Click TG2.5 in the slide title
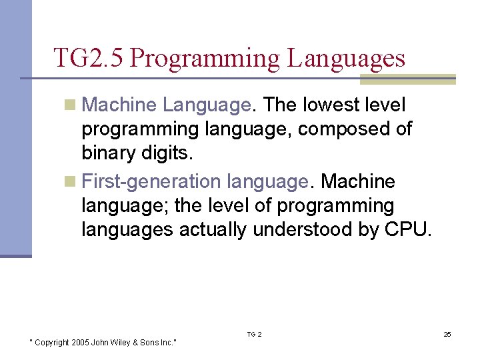click(x=89, y=58)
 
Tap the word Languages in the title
click(x=346, y=58)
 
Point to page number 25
click(x=447, y=334)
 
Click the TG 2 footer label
click(x=254, y=334)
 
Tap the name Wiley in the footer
click(x=125, y=342)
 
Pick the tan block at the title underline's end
click(x=407, y=79)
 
